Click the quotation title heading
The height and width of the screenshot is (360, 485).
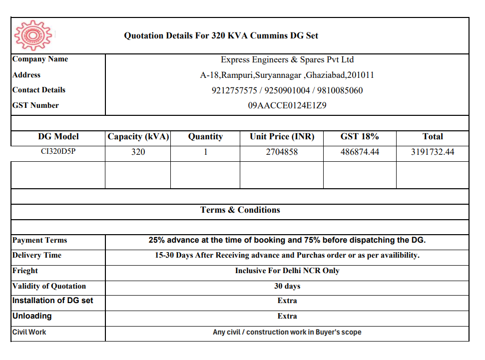pos(221,36)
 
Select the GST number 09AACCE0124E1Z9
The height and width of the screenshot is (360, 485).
pos(287,105)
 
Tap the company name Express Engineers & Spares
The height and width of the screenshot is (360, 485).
pos(287,60)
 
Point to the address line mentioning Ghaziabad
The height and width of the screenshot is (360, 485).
pos(287,75)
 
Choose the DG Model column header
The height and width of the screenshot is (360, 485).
pos(58,136)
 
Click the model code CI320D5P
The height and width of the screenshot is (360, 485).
pos(58,151)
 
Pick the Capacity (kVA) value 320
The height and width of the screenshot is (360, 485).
pos(138,152)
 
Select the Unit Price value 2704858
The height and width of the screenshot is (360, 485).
pos(282,152)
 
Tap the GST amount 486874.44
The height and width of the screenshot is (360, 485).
pos(360,152)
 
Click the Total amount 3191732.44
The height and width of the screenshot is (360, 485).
pos(433,152)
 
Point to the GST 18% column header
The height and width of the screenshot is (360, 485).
pos(360,136)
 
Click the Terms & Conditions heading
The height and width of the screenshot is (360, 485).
pos(240,210)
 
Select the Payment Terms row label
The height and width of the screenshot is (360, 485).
pos(40,240)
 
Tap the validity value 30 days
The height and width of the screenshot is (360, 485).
pos(287,286)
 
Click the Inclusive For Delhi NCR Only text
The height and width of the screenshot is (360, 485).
pos(287,271)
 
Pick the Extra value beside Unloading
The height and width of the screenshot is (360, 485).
pos(287,316)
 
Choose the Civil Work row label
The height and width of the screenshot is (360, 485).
pos(29,332)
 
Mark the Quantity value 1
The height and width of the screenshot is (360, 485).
pos(205,152)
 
